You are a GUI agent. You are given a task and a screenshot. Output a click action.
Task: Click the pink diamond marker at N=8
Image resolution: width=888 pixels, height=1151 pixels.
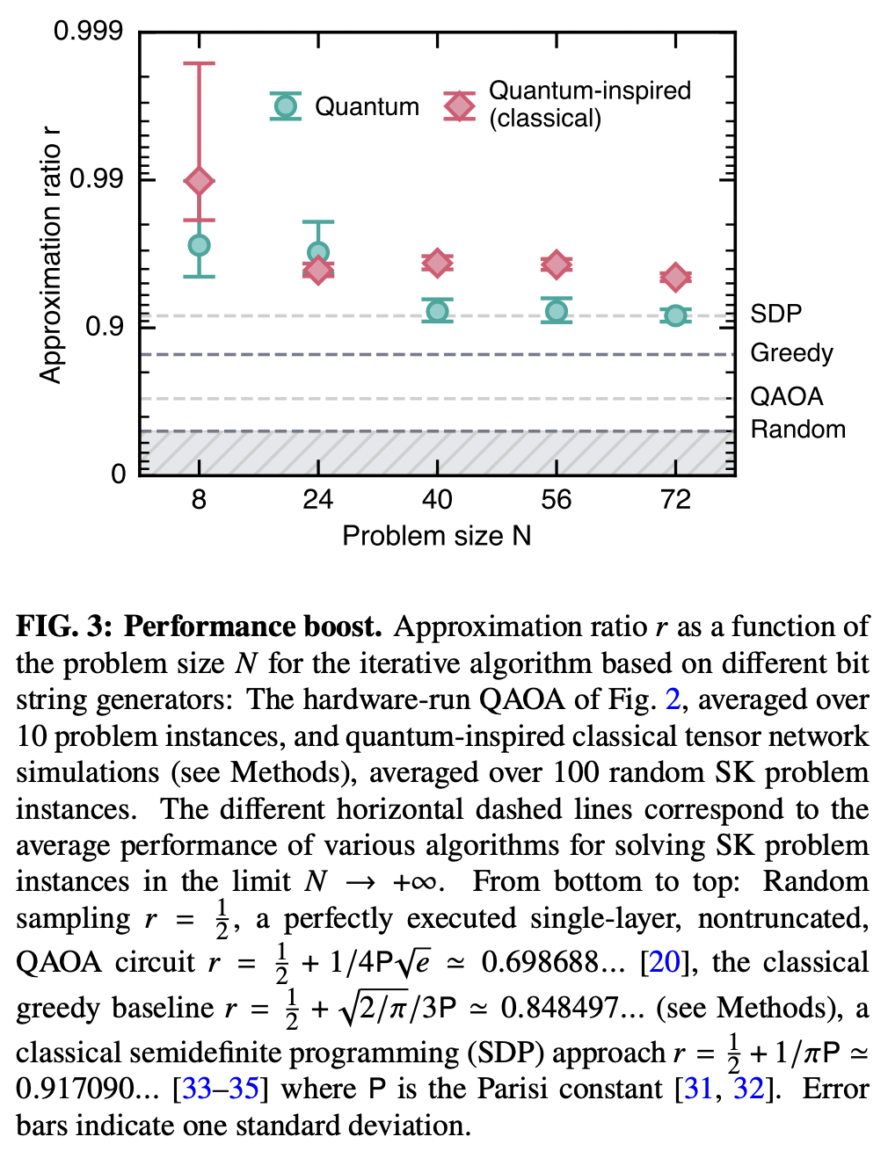(x=200, y=181)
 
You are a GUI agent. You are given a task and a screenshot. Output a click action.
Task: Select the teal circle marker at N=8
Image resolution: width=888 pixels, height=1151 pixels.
(x=200, y=245)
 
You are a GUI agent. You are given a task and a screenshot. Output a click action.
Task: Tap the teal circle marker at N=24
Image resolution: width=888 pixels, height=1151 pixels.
(x=318, y=253)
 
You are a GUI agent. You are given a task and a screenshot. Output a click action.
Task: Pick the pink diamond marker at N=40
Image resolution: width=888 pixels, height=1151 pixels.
(x=437, y=262)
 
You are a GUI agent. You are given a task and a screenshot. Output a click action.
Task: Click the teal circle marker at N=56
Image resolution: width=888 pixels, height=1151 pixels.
(x=556, y=311)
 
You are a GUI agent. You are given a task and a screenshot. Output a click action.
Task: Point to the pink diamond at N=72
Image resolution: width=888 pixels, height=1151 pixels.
(x=675, y=278)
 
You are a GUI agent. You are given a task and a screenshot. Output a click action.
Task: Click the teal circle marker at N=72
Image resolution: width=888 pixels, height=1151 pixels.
(x=675, y=315)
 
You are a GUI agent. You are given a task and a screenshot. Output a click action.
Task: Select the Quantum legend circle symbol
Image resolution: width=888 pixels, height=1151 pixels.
(x=285, y=106)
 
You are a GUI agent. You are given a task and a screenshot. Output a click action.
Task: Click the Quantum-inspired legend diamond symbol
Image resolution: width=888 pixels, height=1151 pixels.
(x=459, y=106)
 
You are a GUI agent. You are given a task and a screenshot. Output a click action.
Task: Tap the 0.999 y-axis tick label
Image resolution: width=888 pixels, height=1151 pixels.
(x=88, y=32)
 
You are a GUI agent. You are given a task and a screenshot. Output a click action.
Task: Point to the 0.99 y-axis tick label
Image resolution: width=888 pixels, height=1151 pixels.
(x=96, y=179)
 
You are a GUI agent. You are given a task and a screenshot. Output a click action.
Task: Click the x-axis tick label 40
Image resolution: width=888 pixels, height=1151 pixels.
(x=437, y=500)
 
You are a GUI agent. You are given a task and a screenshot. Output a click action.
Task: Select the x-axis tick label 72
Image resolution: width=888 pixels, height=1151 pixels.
(x=675, y=500)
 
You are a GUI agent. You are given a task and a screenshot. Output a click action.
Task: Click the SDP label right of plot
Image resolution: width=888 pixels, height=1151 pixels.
(x=775, y=314)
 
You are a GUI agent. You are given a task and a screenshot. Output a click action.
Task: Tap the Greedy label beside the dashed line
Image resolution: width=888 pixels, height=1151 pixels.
(x=791, y=353)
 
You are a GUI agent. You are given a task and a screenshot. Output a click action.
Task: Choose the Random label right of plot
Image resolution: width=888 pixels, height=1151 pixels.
(x=797, y=430)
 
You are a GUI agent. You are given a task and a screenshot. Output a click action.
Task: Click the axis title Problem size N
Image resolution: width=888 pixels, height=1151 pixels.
(x=437, y=536)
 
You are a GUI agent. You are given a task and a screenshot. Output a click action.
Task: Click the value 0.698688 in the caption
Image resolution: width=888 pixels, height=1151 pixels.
(x=539, y=962)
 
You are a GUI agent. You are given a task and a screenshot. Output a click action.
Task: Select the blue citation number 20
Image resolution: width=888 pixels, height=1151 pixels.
(x=664, y=962)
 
